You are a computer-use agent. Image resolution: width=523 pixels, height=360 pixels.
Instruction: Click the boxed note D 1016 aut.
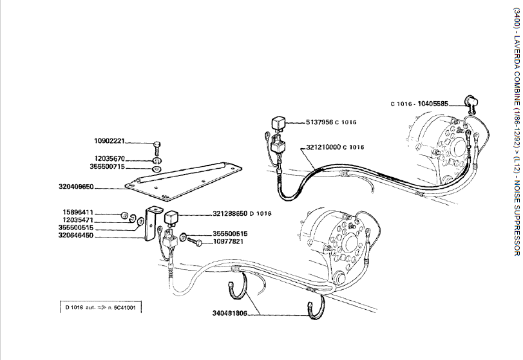100,308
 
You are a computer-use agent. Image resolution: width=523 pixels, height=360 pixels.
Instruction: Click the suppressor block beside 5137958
298,122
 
